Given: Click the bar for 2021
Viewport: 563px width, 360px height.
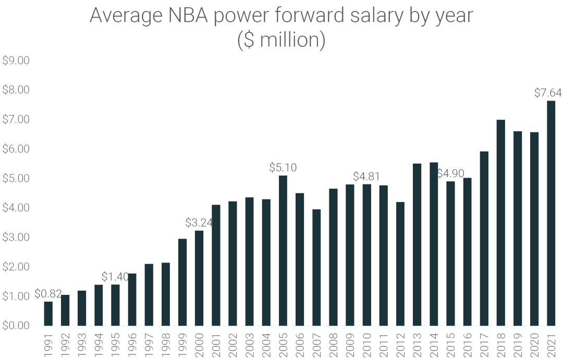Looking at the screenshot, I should [551, 214].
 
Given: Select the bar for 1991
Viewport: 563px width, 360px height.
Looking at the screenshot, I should [48, 314].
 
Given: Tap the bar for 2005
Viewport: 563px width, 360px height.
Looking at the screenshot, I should [283, 251].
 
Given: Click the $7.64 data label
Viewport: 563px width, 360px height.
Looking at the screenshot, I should [548, 93].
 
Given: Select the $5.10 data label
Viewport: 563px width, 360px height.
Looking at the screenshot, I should [283, 168].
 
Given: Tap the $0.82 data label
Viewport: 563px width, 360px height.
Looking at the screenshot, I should [48, 294].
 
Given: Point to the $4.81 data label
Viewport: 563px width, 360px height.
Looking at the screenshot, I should [366, 176].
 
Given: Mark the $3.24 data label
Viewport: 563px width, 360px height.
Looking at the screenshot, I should [199, 222].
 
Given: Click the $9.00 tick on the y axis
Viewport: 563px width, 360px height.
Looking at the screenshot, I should [16, 61].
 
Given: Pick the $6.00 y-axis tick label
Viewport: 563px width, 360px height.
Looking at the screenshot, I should [16, 149].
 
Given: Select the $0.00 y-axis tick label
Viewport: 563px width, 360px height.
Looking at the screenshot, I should [16, 326].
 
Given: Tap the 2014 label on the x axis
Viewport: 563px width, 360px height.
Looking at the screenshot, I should [434, 344].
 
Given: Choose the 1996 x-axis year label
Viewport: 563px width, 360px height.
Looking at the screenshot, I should [132, 344].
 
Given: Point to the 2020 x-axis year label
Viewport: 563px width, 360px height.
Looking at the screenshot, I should [535, 344].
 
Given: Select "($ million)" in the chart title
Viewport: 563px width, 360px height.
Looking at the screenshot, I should [281, 41].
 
